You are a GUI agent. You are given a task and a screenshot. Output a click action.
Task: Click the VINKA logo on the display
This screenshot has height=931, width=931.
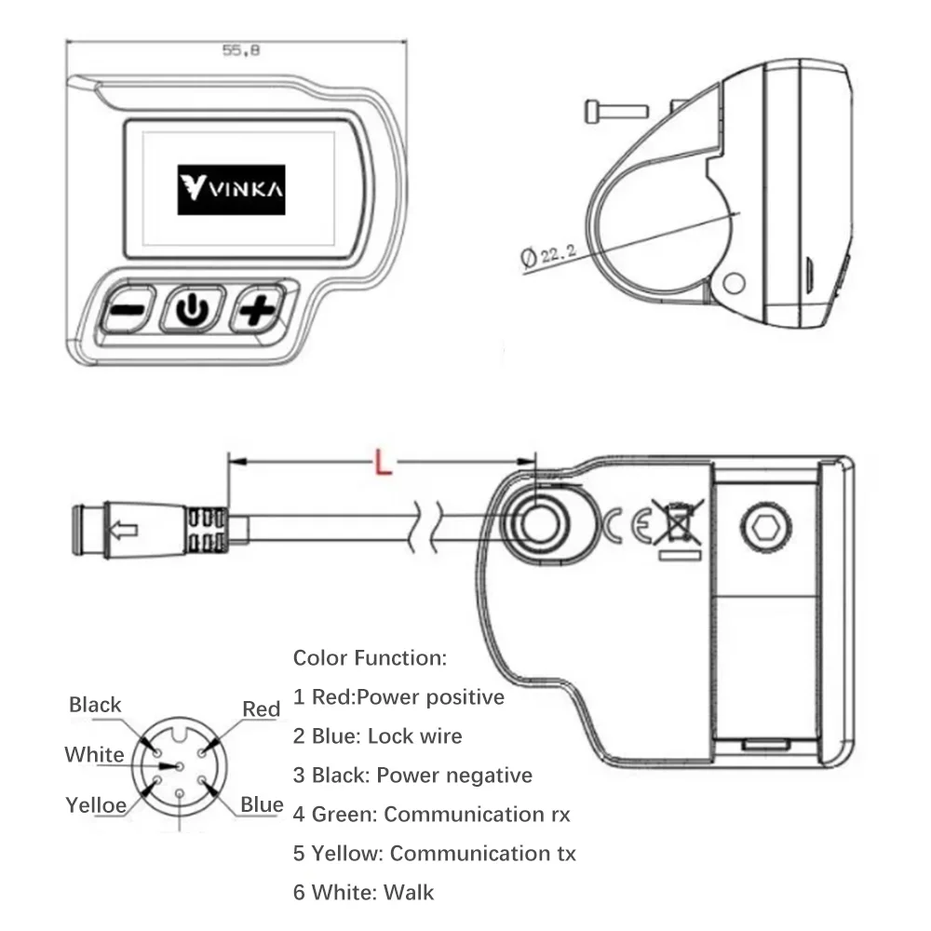(x=232, y=191)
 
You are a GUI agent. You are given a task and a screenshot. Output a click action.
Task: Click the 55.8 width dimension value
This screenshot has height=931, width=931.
(x=239, y=52)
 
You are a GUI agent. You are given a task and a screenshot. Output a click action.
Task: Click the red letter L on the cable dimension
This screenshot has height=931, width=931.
(x=381, y=463)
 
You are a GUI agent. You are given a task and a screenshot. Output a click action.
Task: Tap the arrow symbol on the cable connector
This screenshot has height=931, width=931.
(x=124, y=531)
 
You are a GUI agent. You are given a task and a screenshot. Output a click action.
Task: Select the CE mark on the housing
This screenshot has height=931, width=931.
(x=623, y=526)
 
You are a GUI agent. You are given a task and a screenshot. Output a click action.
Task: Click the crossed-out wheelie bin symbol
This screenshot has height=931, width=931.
(x=677, y=523)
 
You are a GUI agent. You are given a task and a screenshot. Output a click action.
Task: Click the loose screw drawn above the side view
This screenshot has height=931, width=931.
(x=614, y=111)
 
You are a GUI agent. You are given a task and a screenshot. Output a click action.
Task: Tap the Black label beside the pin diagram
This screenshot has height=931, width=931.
(x=95, y=705)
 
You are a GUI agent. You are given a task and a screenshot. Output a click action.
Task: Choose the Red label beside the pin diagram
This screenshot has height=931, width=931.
(x=261, y=709)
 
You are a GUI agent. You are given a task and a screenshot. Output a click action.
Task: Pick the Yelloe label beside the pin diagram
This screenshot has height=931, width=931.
(x=95, y=805)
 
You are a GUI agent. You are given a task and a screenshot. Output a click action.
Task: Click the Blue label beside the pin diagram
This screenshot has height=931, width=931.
(x=262, y=804)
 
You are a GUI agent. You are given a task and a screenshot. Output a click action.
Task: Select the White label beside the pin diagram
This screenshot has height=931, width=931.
(x=94, y=754)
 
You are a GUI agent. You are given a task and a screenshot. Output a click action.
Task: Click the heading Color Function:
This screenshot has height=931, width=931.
(x=370, y=658)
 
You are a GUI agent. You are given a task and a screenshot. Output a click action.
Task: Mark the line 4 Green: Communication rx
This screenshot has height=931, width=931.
(x=431, y=815)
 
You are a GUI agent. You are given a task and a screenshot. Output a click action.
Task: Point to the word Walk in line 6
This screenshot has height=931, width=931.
(x=410, y=893)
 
